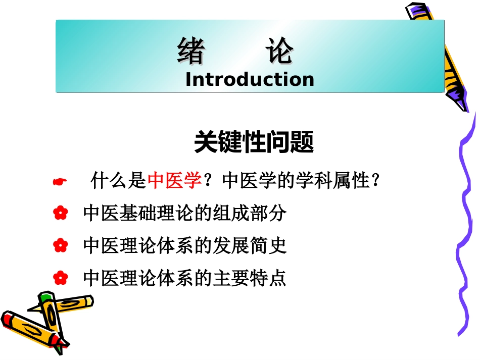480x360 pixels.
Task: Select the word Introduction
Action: (x=250, y=79)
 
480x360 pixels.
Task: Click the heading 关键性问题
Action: (x=254, y=143)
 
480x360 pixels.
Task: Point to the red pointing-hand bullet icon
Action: (x=60, y=182)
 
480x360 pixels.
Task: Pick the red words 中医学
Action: (x=175, y=181)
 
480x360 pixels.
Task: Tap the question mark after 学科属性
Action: (x=374, y=181)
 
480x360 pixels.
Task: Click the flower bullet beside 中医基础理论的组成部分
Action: (x=60, y=214)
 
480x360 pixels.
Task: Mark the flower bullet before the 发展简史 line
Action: (x=60, y=246)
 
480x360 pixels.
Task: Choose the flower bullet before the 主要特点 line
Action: (x=60, y=277)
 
